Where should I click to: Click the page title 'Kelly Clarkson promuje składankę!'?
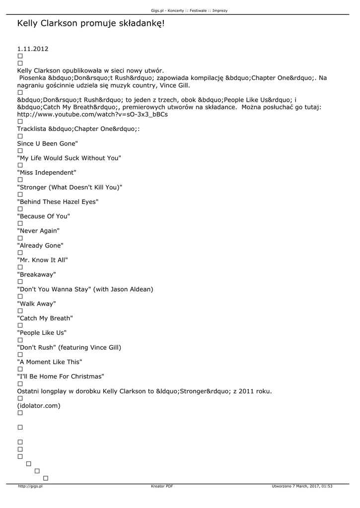[90, 24]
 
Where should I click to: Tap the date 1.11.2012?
[33, 49]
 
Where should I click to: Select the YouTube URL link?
[92, 115]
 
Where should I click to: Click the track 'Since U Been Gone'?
[48, 143]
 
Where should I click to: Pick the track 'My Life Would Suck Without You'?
[69, 158]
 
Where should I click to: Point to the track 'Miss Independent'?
[47, 173]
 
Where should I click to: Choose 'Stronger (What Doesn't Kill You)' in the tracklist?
[70, 187]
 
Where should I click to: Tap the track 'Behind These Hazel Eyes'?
[58, 202]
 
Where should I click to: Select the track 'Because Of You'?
[44, 216]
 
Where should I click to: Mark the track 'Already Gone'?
[40, 246]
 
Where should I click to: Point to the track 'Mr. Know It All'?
[42, 260]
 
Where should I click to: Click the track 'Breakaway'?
[36, 274]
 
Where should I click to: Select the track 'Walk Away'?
[36, 304]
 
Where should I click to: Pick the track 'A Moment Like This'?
[50, 362]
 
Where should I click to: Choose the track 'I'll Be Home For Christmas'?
[61, 377]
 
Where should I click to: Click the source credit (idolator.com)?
[39, 406]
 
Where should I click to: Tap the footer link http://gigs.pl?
[30, 487]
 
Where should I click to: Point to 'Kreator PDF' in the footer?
[162, 487]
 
